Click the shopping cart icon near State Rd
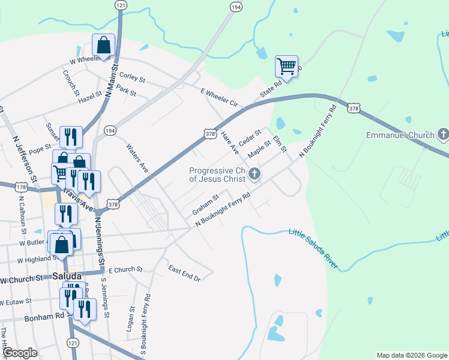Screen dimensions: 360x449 coord(287,66)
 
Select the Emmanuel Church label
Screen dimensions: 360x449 coord(400,135)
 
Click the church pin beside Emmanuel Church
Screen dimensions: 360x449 coord(444,134)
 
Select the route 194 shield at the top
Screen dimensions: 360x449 coord(235,6)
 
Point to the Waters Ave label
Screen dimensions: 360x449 coord(137,158)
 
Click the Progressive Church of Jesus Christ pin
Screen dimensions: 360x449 coord(255,175)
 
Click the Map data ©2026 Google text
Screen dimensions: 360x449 coord(411,355)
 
